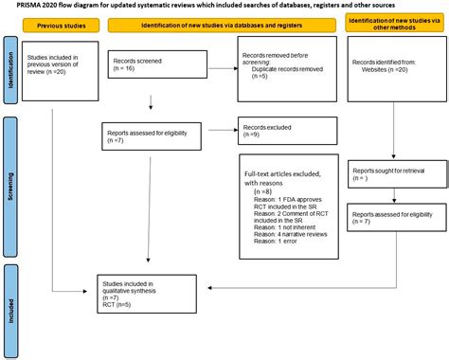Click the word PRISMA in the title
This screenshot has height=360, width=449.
tap(24, 7)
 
